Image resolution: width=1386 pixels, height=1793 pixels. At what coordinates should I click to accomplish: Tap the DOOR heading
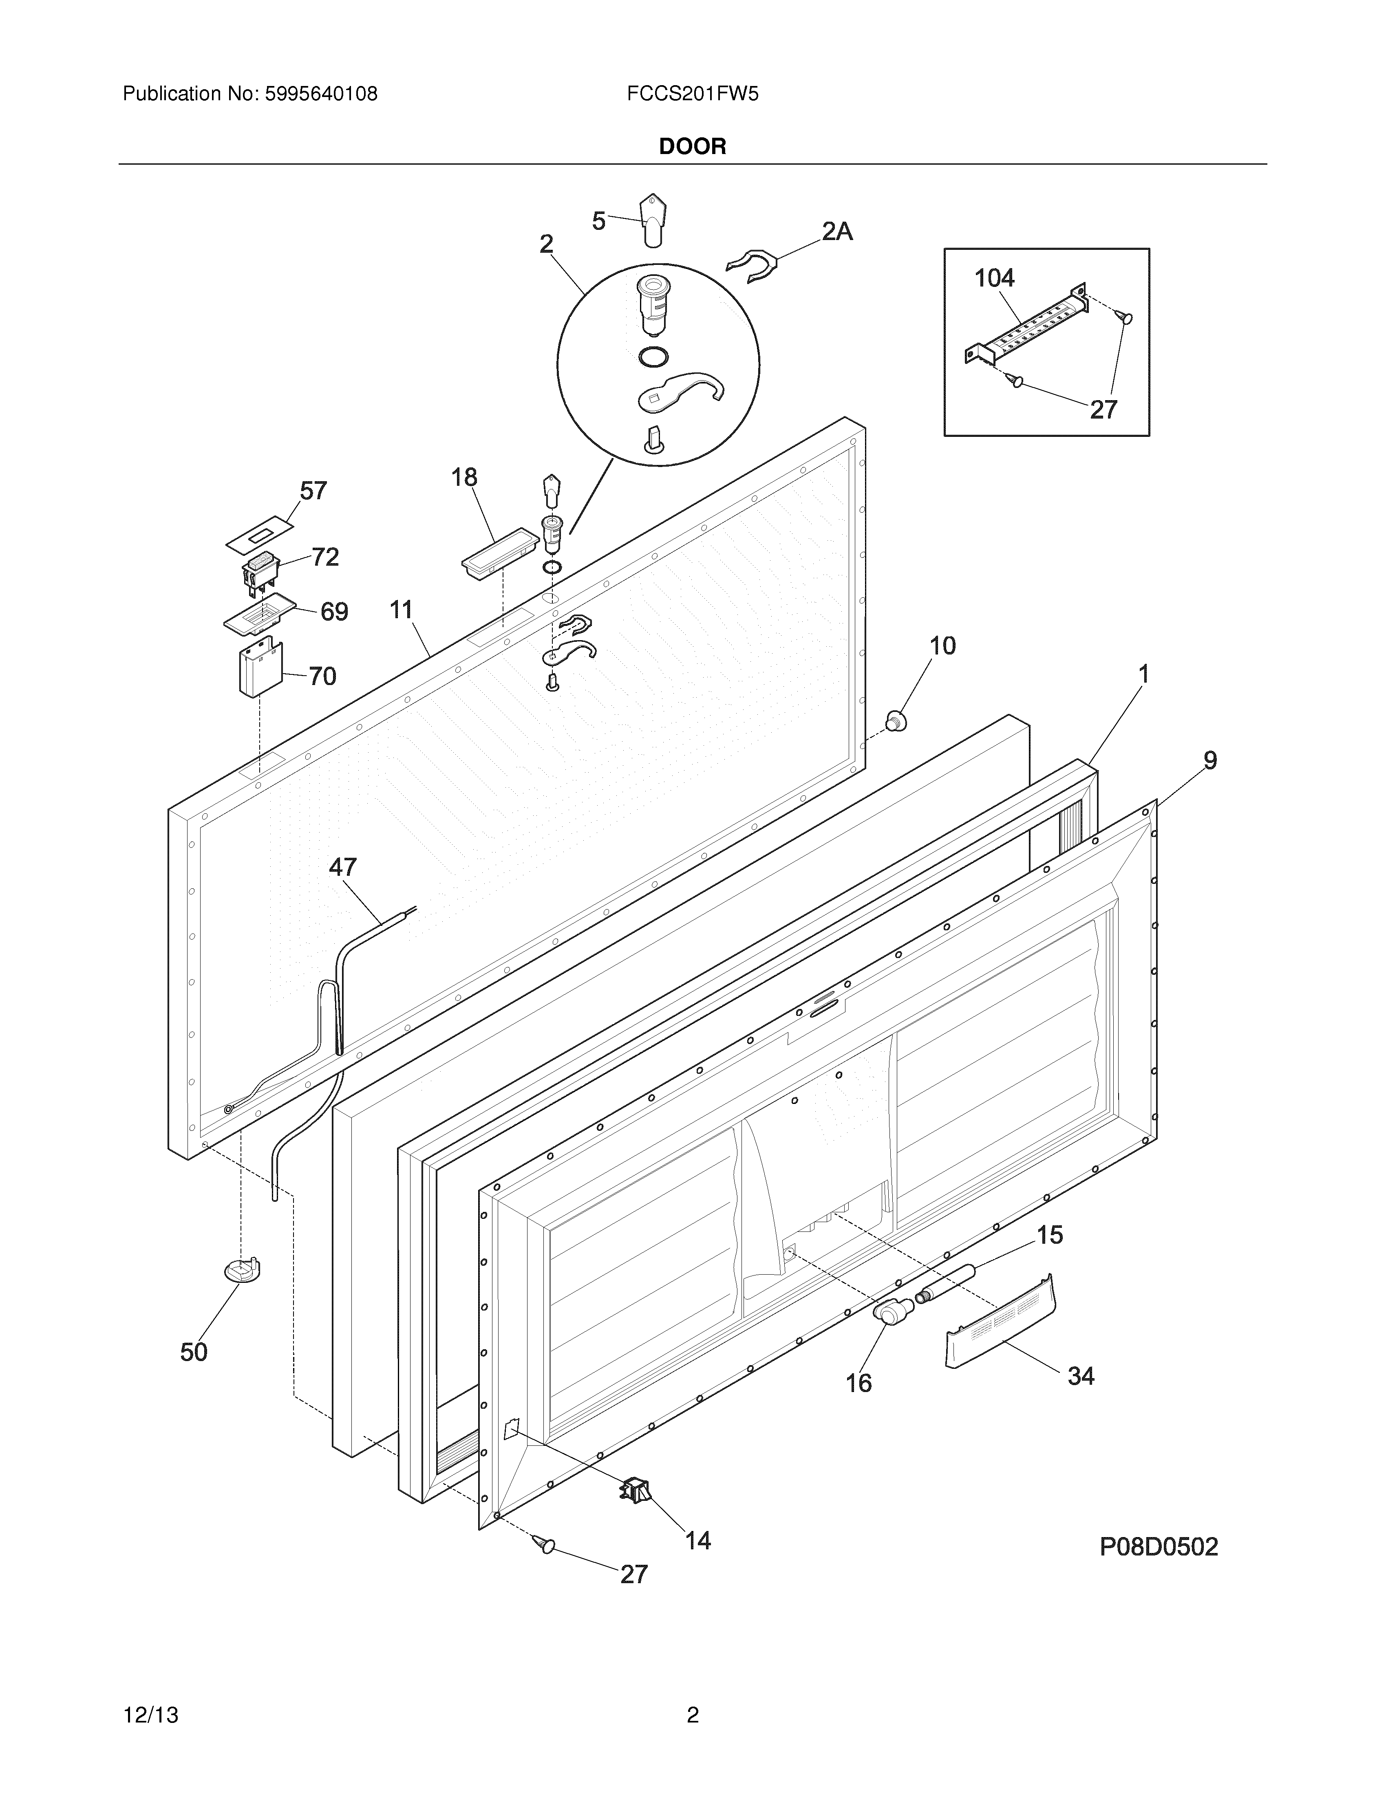(692, 147)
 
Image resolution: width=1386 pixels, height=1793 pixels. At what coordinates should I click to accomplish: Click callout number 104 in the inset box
(994, 278)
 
